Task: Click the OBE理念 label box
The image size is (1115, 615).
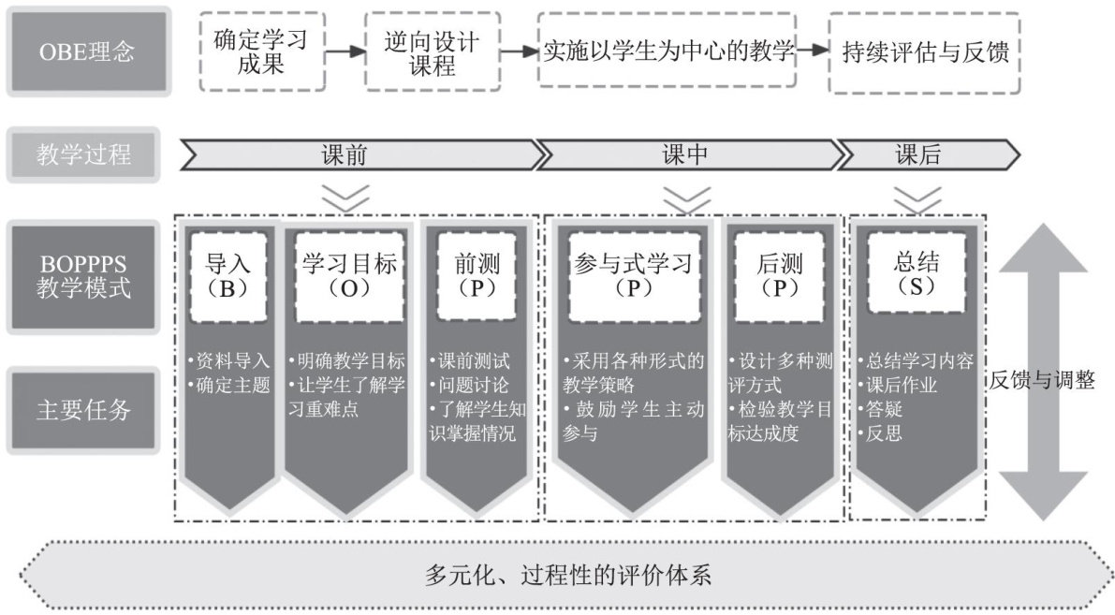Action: pyautogui.click(x=88, y=51)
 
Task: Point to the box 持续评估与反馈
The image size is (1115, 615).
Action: pyautogui.click(x=925, y=51)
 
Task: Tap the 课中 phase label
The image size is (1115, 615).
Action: pyautogui.click(x=684, y=154)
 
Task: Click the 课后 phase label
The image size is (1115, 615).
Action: pyautogui.click(x=917, y=154)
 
